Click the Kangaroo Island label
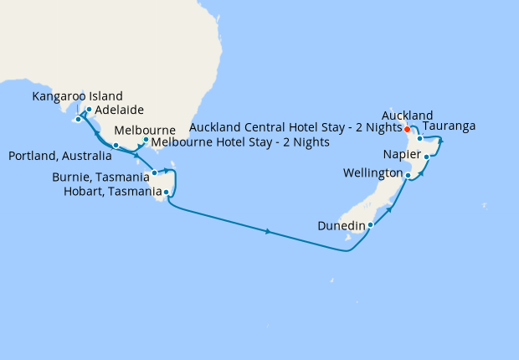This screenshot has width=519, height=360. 77,96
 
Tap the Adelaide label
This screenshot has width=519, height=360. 120,110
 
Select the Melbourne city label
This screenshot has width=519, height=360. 144,131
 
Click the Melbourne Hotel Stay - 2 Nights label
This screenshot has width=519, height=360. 240,142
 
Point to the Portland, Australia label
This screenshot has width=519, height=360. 59,157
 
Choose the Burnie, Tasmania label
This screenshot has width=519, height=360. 100,177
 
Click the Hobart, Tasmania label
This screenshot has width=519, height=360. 112,192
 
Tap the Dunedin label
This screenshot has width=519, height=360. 340,225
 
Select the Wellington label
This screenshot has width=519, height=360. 373,173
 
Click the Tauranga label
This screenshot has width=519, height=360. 450,126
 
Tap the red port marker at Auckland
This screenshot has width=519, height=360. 407,130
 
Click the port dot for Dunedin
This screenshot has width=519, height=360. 370,224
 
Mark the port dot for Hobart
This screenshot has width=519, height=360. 167,193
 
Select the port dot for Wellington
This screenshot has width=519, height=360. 409,175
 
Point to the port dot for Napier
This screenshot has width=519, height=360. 427,157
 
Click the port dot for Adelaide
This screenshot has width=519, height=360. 89,109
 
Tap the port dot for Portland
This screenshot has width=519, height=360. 116,145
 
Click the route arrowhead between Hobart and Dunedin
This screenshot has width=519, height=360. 268,231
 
